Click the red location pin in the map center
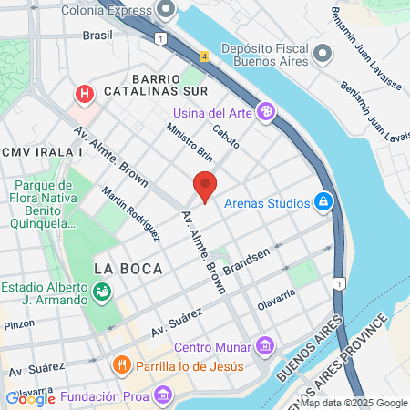pos(205,186)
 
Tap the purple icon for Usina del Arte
pos(265,112)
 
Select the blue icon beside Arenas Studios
pos(323,201)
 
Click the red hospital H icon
pos(85,93)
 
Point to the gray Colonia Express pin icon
pos(165,11)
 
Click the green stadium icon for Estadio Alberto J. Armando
pos(102,292)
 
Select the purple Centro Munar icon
pos(265,346)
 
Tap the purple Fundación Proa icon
pos(163,395)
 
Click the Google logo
pos(30,398)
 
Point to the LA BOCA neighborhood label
pos(128,269)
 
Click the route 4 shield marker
pos(205,56)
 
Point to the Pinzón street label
pos(18,323)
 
